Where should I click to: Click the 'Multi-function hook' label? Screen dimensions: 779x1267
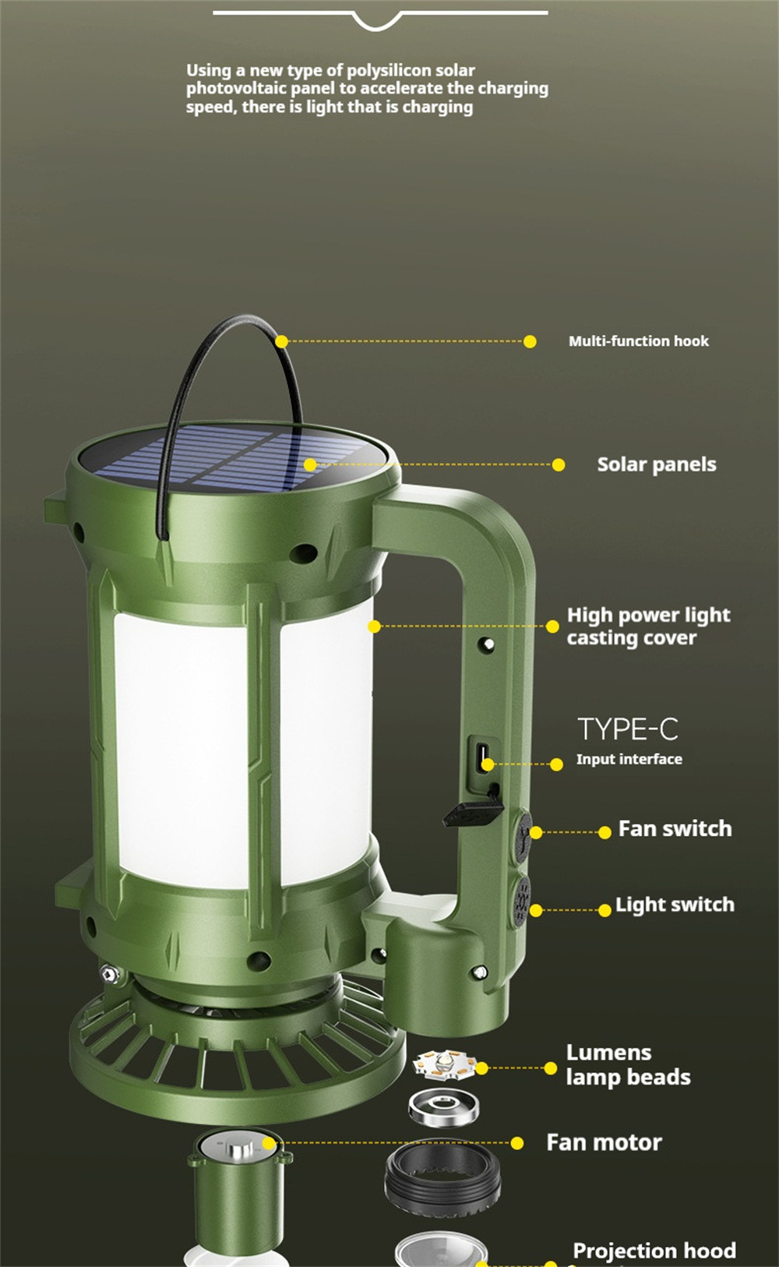coord(638,341)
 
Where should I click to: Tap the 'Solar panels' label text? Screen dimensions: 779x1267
coord(657,464)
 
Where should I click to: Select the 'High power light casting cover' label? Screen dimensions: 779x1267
coord(648,626)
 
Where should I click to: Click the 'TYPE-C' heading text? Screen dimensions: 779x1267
coord(628,729)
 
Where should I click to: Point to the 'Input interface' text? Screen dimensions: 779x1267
coord(629,759)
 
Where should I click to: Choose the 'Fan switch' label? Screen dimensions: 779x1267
coord(675,828)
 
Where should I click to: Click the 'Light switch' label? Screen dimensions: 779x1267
coord(675,905)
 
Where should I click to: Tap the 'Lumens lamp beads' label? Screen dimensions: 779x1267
coord(628,1065)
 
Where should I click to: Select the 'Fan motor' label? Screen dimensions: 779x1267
coord(604,1142)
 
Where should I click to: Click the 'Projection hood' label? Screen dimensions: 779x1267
coord(654,1250)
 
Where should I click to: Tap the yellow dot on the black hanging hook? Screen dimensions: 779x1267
coord(281,341)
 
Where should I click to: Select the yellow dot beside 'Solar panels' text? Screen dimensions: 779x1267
coord(559,465)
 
